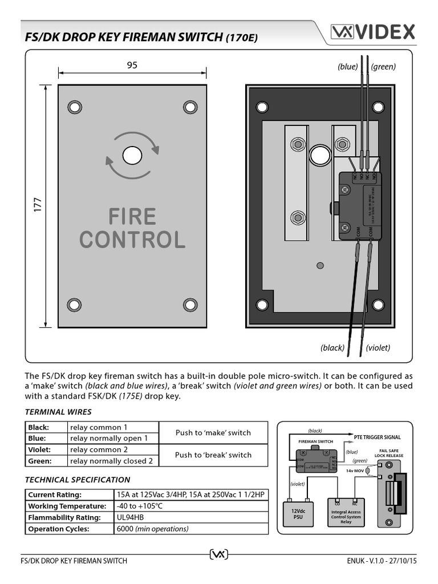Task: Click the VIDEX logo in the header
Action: tap(374, 33)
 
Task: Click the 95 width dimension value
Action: tap(132, 65)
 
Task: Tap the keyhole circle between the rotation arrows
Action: tap(132, 155)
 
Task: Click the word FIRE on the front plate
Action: tap(132, 217)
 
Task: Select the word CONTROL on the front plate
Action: tap(132, 240)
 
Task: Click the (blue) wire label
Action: tap(347, 67)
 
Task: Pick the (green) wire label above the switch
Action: tap(383, 67)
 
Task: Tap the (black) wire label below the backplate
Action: tap(332, 347)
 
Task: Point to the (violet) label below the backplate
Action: tap(378, 347)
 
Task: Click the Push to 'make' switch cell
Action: tap(213, 433)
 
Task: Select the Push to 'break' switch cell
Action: tap(213, 455)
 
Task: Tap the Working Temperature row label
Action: tap(67, 506)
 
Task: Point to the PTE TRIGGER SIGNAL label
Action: tap(378, 437)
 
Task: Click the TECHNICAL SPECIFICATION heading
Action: tap(78, 480)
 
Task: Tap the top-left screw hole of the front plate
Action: tap(74, 107)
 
